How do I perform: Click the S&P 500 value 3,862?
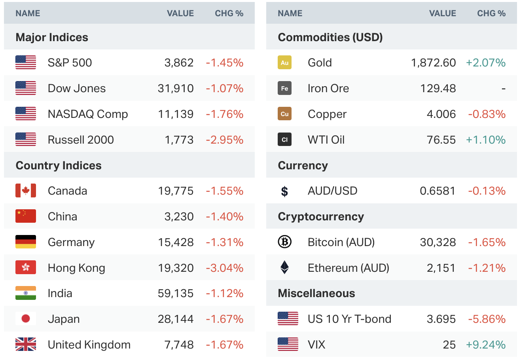179,63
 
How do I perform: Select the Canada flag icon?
26,191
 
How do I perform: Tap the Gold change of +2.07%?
485,63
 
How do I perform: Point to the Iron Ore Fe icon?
284,88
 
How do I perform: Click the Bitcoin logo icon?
284,242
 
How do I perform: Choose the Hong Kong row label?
76,268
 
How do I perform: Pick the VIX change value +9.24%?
485,345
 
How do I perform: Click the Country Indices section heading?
59,165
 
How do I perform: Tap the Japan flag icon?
26,319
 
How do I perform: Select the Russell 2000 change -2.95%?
224,140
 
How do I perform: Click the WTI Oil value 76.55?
441,140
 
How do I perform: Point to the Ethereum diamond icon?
284,268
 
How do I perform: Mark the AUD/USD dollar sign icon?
284,191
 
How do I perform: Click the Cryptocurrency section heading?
320,216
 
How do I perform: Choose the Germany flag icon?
26,242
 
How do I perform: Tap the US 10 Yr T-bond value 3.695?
441,319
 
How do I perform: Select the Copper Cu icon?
284,114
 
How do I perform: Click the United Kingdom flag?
26,345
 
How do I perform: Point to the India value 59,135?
176,293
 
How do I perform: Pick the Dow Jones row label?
77,88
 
